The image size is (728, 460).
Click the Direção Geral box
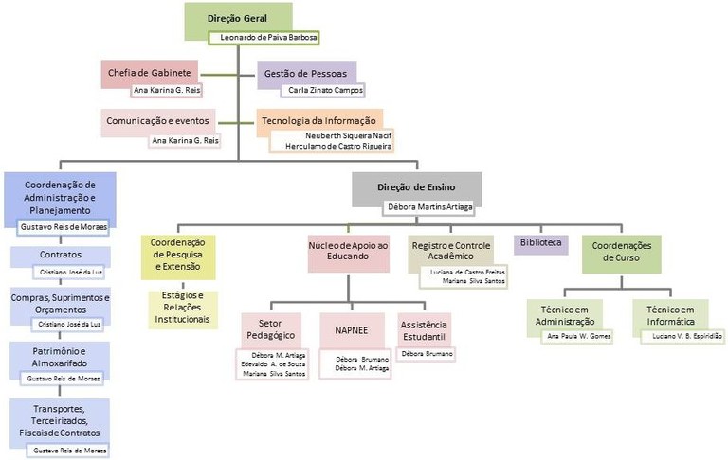point(237,18)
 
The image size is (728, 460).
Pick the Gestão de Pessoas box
point(303,72)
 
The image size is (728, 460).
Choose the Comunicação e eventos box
point(158,121)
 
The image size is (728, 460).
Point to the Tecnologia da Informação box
point(320,121)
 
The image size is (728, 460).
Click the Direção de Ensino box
point(417,187)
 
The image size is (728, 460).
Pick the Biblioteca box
point(540,243)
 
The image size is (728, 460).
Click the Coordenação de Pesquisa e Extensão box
point(178,254)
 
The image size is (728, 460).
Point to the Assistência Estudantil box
point(424,331)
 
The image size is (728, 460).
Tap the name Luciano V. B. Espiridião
point(687,336)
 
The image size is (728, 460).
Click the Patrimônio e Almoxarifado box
point(61,357)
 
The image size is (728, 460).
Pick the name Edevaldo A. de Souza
point(275,363)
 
